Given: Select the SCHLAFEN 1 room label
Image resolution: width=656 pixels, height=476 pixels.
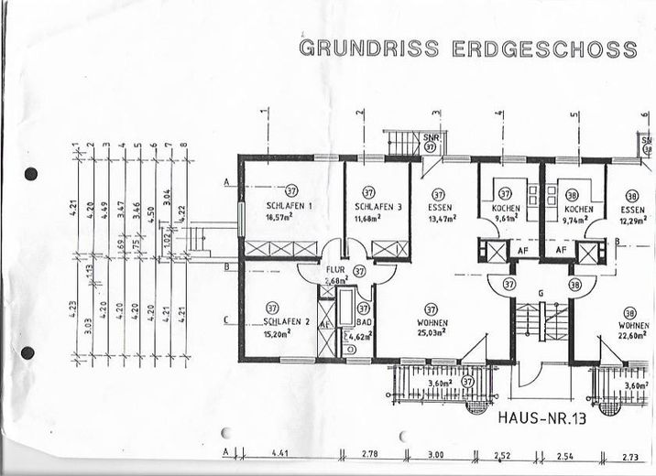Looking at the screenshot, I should point(290,206).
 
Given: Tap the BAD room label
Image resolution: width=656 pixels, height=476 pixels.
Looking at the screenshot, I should point(364,323).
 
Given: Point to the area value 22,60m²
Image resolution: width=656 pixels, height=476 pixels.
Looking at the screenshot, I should point(632,335).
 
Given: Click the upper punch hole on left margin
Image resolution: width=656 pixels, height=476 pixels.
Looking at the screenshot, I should point(30,174).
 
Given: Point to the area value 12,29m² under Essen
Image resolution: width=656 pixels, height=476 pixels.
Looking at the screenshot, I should point(633,221).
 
